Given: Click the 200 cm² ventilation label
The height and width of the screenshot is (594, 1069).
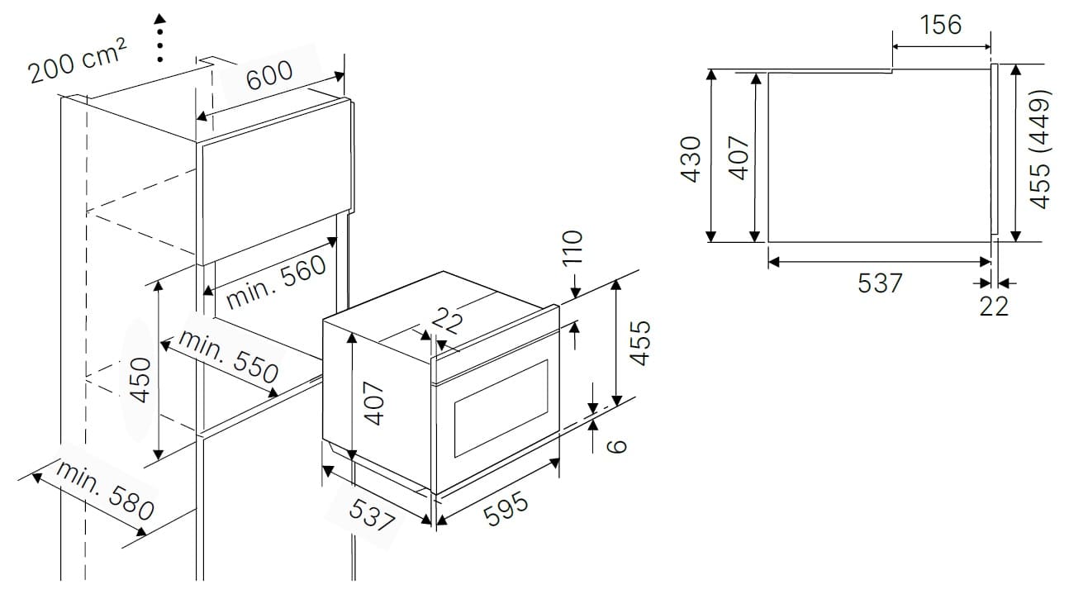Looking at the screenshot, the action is pos(78,61).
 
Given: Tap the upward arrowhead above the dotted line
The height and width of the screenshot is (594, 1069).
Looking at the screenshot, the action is pos(160,19).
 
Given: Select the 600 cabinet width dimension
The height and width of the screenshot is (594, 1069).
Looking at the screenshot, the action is pos(269,75).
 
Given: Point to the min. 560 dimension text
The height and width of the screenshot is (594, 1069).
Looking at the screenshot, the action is pos(276,282).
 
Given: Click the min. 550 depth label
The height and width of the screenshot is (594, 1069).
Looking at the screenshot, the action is pos(228,356).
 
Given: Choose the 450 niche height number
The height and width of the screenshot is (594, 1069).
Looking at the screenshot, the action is pos(140,380).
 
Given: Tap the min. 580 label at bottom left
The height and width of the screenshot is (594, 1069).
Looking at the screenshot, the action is pos(105,490).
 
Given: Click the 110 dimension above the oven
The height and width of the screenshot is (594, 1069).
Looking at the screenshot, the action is pos(573,247).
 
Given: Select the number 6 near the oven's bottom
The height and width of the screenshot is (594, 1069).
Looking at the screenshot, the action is pos(616,445).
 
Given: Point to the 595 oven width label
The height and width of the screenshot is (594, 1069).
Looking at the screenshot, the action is pos(506,509).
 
